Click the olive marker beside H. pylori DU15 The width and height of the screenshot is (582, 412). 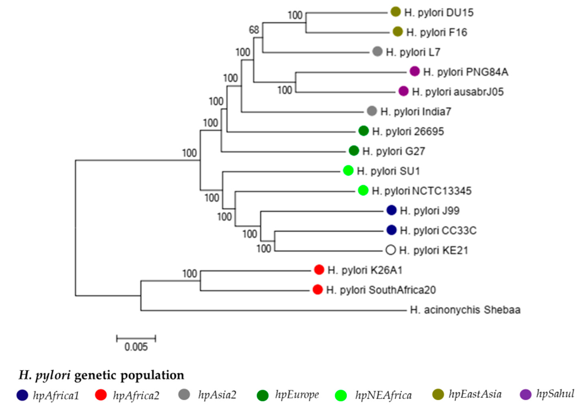[395, 12]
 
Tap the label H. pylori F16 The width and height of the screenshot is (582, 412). [437, 32]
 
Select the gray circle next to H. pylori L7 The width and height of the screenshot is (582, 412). [377, 51]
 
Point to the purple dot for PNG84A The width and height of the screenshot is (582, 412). [414, 71]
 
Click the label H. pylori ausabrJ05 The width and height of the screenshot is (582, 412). [458, 92]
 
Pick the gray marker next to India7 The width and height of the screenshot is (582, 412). [372, 111]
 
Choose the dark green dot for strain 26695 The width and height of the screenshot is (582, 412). [363, 131]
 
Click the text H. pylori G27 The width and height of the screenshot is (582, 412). [393, 151]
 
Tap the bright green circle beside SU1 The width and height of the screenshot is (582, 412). [348, 171]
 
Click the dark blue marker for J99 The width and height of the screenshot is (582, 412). [391, 210]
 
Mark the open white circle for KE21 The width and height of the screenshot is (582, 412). [391, 250]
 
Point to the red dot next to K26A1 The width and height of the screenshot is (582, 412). [319, 270]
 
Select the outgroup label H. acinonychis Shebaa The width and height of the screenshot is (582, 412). [465, 310]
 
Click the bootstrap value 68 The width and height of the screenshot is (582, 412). [254, 30]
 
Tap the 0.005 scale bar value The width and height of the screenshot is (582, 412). [136, 347]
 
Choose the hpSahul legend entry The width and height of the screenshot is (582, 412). [555, 394]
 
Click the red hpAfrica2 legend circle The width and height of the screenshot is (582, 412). [101, 395]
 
